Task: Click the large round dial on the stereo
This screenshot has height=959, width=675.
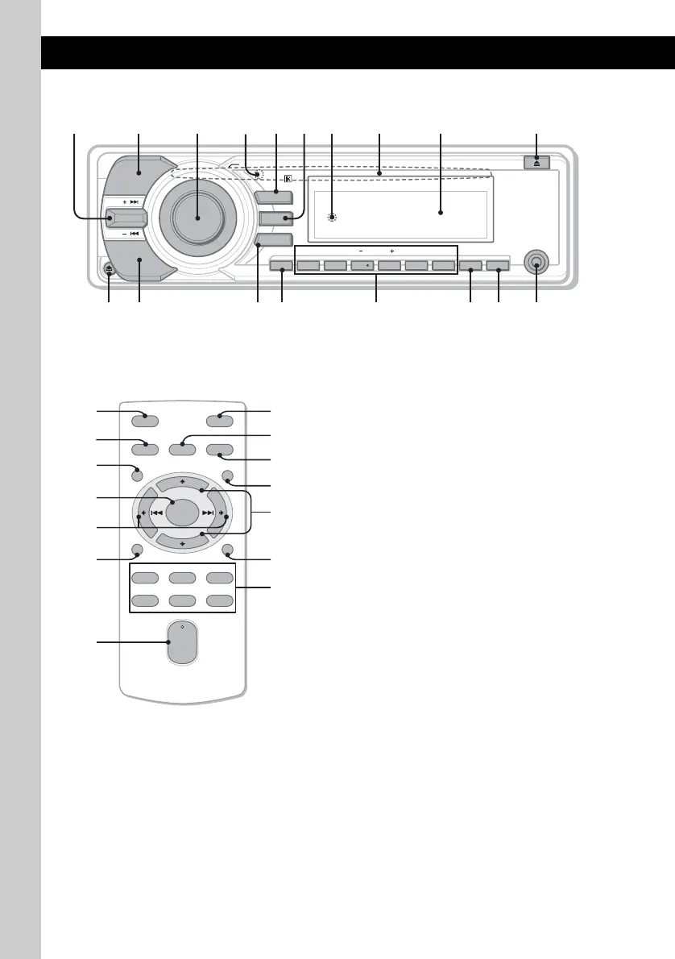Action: click(x=198, y=215)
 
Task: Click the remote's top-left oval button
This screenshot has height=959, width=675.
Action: click(x=146, y=417)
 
